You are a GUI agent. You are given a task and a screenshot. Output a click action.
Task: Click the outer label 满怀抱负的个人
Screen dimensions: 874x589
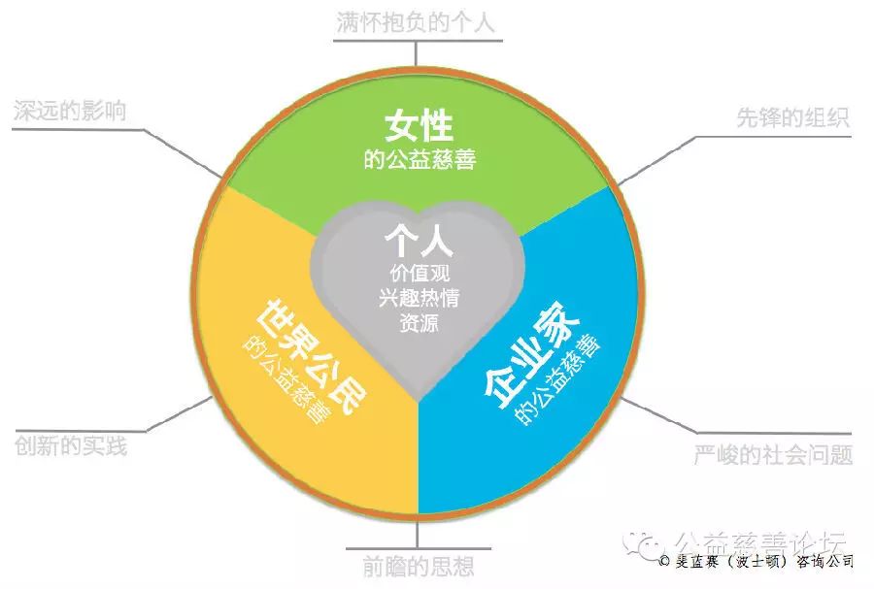tap(416, 23)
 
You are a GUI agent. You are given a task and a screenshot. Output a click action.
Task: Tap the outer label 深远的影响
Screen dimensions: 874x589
tap(70, 111)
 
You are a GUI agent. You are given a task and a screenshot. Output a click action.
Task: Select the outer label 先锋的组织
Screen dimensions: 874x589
tap(792, 117)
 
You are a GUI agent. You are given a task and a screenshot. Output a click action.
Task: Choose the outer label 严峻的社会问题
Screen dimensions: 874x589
tap(773, 455)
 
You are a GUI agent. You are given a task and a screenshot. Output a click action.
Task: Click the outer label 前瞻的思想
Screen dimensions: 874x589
tap(418, 567)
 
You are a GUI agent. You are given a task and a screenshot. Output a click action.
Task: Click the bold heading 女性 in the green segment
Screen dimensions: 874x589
tap(419, 126)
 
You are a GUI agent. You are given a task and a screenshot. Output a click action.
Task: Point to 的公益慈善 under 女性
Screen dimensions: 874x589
tap(420, 160)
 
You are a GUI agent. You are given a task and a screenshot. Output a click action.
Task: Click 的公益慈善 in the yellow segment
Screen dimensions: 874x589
tap(285, 380)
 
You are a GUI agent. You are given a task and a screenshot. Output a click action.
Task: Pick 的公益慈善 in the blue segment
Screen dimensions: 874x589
tap(557, 378)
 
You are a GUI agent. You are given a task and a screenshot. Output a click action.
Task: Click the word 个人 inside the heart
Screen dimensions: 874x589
tap(419, 241)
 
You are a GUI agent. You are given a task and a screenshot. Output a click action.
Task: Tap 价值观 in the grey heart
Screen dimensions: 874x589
tap(420, 273)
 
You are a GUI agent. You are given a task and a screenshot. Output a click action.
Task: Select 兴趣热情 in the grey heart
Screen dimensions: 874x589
tap(420, 298)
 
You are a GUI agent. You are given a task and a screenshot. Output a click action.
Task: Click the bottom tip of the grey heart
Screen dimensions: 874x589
tap(418, 401)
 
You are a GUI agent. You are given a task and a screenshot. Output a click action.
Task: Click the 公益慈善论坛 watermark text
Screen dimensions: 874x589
tap(760, 541)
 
